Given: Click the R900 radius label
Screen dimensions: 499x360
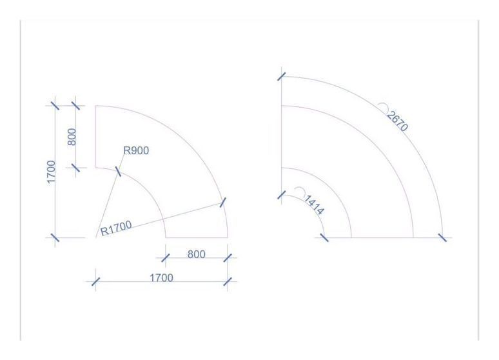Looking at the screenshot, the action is pyautogui.click(x=136, y=150).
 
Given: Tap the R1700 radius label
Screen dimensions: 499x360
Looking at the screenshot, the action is pyautogui.click(x=116, y=228).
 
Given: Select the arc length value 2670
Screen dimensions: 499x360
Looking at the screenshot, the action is pyautogui.click(x=398, y=121).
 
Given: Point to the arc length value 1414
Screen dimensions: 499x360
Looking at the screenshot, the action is pyautogui.click(x=315, y=205).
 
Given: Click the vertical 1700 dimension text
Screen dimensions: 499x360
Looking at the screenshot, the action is pyautogui.click(x=51, y=172).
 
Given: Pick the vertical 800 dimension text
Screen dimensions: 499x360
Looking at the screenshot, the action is pyautogui.click(x=72, y=137).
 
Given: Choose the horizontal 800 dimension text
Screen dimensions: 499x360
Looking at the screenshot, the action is pyautogui.click(x=197, y=254).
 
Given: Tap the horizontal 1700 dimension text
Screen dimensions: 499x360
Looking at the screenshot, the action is pyautogui.click(x=161, y=278).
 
